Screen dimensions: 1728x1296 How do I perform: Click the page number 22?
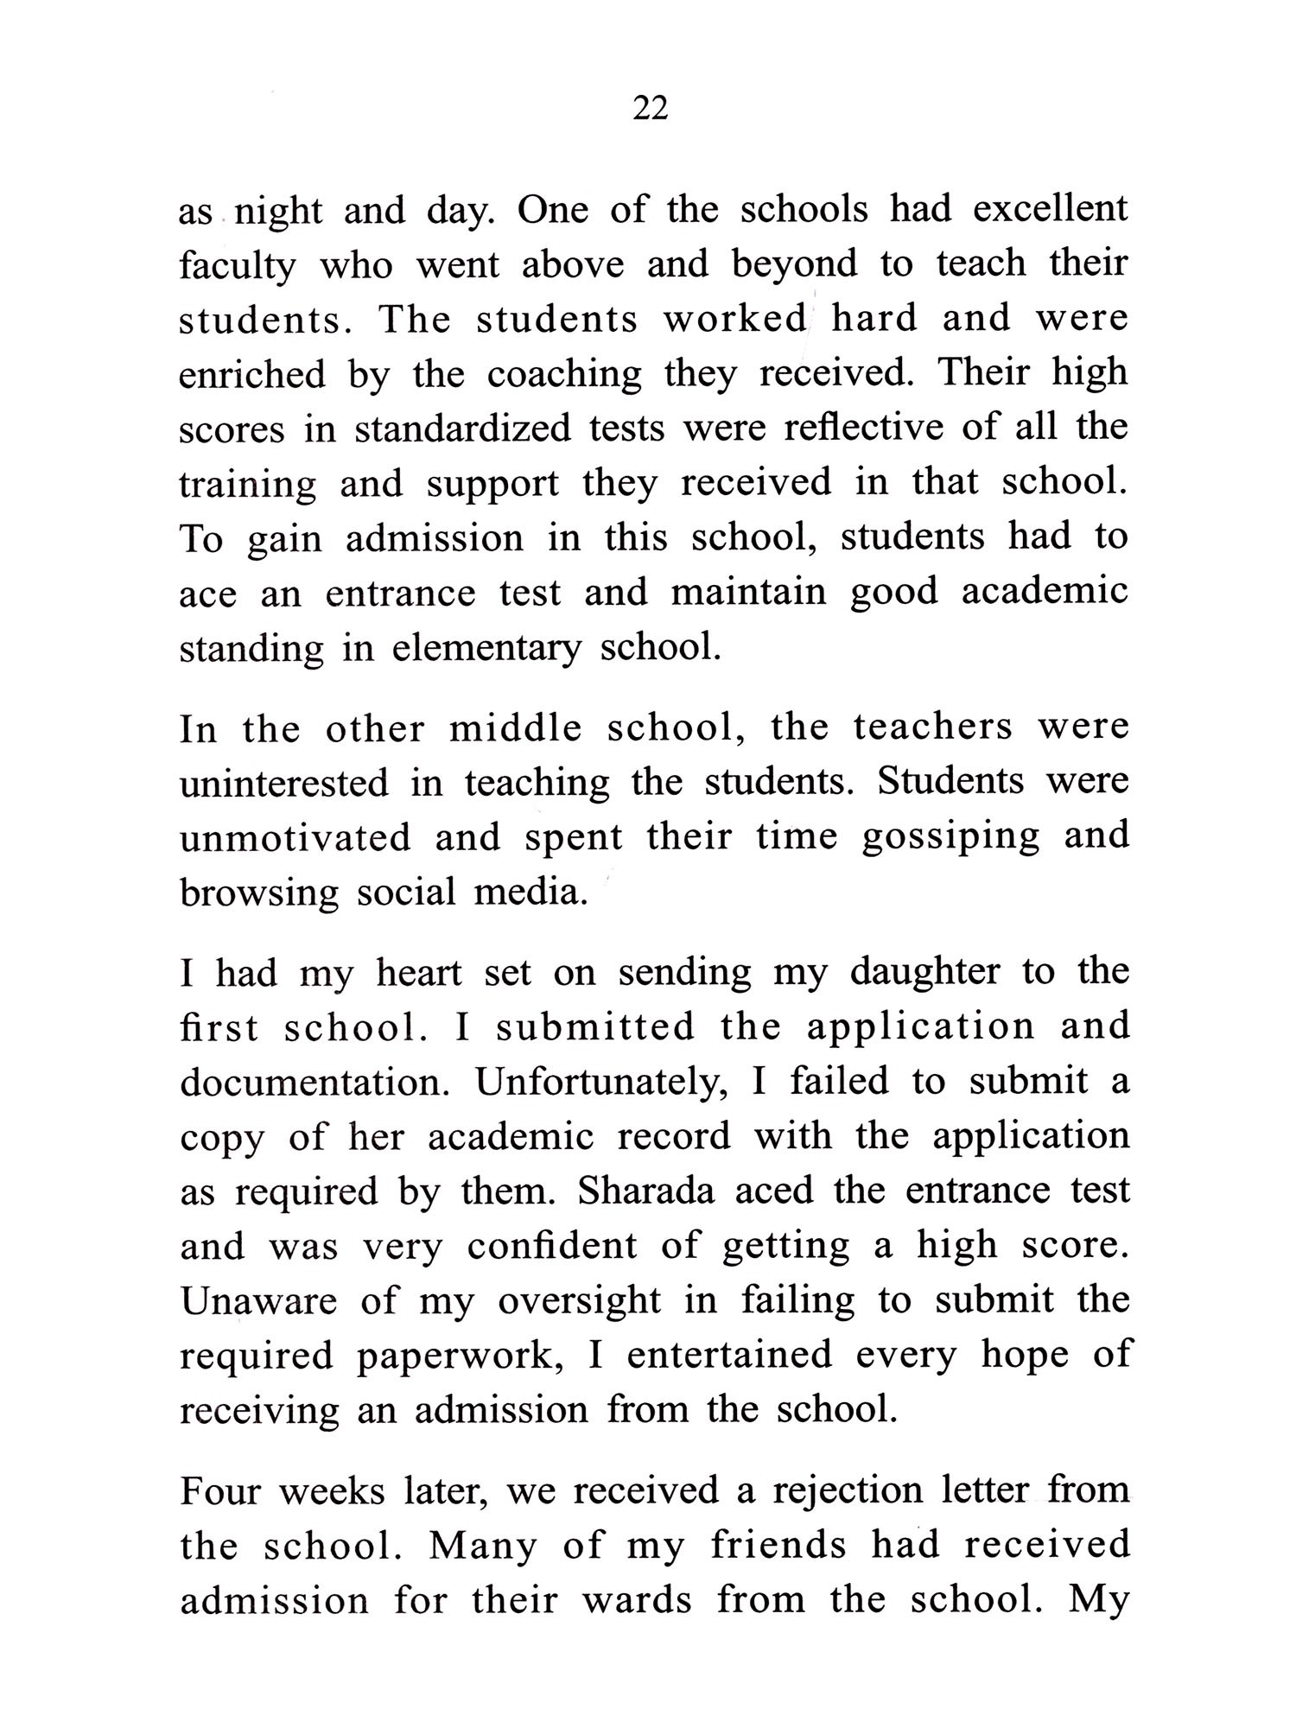[651, 109]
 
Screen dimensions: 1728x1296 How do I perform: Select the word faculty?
[237, 265]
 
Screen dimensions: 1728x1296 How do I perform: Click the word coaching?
[564, 374]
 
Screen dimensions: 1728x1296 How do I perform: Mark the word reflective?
[863, 428]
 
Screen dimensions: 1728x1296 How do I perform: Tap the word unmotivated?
[295, 838]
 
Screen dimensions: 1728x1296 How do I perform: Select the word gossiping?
[950, 838]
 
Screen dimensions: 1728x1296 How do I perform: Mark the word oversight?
[579, 1302]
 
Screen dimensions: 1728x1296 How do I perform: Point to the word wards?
[637, 1600]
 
